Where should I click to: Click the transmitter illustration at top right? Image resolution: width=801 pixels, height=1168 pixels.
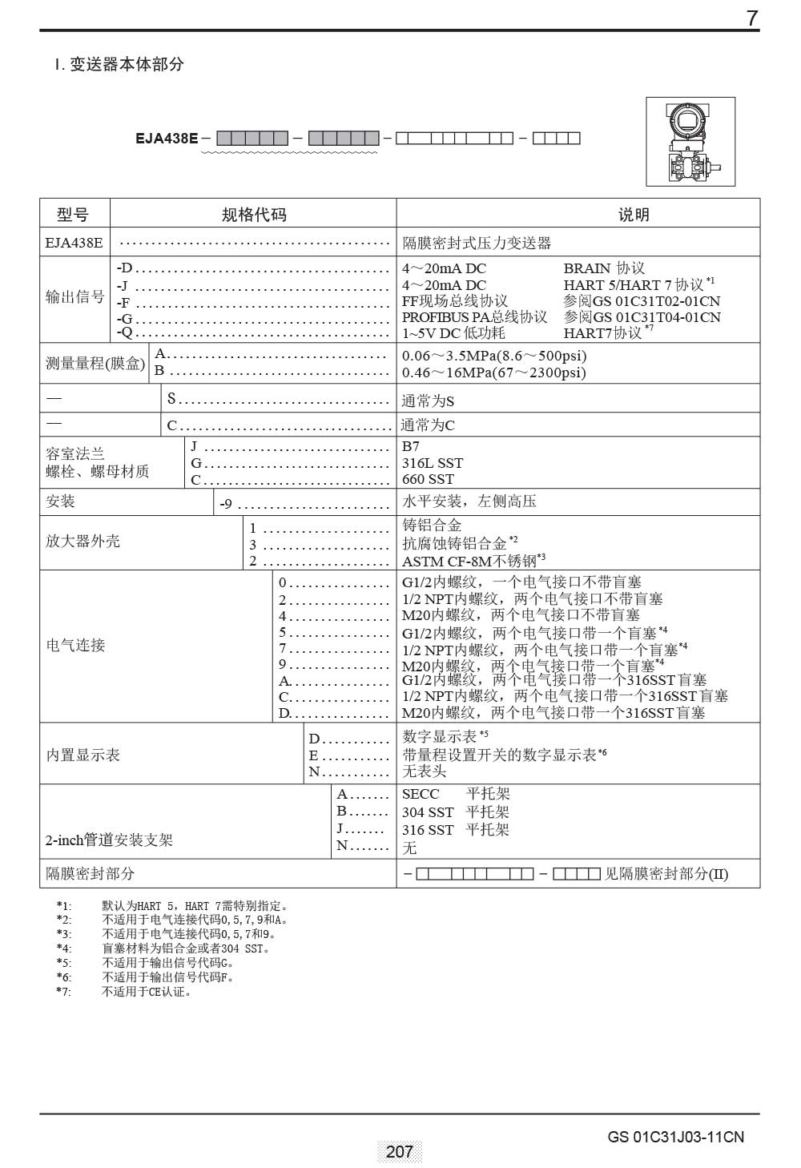(690, 142)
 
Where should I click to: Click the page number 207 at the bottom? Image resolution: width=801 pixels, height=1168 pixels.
(399, 1151)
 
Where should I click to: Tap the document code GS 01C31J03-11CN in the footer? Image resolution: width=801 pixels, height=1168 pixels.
(675, 1137)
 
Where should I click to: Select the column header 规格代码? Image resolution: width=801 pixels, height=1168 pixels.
(253, 214)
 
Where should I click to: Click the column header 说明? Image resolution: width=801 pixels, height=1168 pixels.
(633, 214)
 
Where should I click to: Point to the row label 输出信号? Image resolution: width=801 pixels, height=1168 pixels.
(74, 297)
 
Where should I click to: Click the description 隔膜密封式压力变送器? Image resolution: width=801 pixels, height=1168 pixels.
(477, 243)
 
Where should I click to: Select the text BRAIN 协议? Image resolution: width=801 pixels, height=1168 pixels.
(604, 268)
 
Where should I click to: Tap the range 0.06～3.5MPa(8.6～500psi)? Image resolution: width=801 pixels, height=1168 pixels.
(493, 356)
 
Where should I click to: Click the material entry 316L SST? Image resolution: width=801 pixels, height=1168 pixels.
(433, 463)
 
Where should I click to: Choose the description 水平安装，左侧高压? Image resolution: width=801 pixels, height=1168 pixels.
(469, 501)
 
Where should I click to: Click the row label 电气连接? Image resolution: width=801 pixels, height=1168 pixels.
(75, 645)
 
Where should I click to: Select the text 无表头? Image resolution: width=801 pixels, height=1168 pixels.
(424, 771)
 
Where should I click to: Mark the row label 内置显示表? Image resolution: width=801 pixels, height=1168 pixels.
(83, 755)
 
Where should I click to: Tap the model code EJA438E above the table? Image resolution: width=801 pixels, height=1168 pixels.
(167, 138)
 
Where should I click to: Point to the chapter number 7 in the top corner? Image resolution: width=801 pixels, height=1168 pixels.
(751, 18)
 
